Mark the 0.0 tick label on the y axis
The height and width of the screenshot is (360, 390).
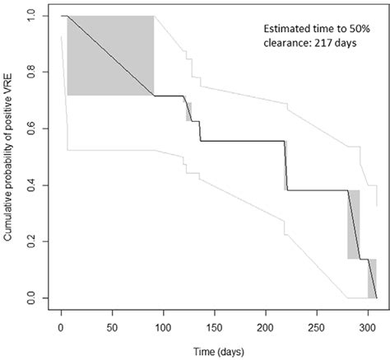coord(33,297)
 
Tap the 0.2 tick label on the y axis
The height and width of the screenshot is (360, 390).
coord(33,241)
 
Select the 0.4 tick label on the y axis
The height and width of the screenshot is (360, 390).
coord(33,185)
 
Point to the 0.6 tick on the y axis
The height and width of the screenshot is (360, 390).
coord(33,129)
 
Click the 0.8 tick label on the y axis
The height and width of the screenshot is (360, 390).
coord(33,72)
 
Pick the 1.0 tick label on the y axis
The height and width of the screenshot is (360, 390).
coord(33,16)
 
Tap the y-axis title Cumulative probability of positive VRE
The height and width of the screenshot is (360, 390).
coord(9,157)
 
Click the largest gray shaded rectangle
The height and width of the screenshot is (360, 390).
coord(110,55)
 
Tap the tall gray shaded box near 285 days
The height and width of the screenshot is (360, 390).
coord(354,224)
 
